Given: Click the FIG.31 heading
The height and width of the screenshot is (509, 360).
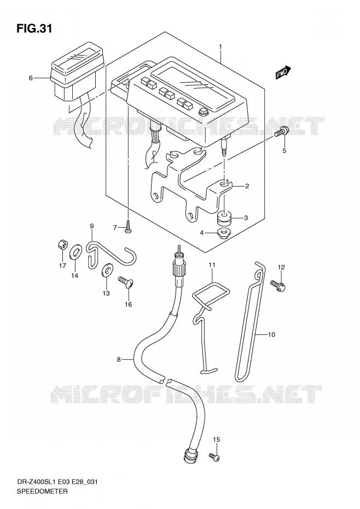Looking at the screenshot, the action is click(34, 28).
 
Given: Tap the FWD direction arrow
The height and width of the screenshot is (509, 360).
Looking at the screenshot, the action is click(283, 73).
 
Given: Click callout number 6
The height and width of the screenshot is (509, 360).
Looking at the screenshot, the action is click(31, 78).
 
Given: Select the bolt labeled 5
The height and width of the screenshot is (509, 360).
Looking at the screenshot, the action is click(281, 132).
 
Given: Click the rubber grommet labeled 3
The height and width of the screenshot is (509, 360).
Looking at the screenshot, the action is click(225, 217).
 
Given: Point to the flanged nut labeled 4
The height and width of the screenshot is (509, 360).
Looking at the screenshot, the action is click(223, 233).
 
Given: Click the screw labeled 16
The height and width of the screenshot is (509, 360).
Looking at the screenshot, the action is click(126, 282).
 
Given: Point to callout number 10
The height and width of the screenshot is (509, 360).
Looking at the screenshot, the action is click(271, 334).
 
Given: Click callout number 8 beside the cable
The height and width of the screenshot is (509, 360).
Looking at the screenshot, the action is click(119, 360).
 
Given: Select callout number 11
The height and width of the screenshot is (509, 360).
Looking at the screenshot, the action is click(212, 265).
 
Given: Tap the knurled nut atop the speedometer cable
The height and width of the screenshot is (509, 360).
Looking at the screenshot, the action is click(179, 269).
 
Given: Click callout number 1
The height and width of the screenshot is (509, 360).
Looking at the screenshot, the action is click(220, 47).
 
